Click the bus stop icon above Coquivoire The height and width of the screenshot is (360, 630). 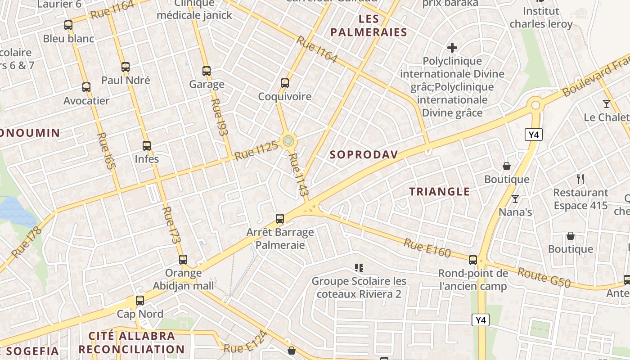click(284, 83)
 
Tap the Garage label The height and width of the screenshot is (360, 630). click(207, 84)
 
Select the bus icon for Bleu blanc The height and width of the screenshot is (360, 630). click(68, 25)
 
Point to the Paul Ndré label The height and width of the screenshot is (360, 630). click(126, 80)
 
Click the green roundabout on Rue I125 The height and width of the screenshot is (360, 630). click(288, 141)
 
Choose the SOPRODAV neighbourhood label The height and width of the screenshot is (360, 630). click(364, 155)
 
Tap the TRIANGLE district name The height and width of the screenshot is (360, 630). click(439, 192)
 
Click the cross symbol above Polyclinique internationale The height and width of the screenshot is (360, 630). click(452, 47)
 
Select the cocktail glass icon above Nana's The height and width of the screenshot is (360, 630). click(515, 198)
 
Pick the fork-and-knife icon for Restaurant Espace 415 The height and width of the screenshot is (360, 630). click(580, 179)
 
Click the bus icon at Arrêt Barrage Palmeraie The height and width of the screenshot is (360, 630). click(280, 219)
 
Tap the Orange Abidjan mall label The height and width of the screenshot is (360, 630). click(183, 279)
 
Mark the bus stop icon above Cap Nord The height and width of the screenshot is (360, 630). click(140, 300)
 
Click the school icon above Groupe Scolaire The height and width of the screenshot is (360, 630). click(359, 268)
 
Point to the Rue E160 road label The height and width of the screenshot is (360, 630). click(427, 248)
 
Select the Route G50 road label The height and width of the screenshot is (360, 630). click(544, 277)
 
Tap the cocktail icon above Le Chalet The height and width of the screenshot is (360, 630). click(607, 104)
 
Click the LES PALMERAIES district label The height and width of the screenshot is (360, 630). click(368, 26)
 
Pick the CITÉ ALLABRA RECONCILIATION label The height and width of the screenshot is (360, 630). click(131, 342)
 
